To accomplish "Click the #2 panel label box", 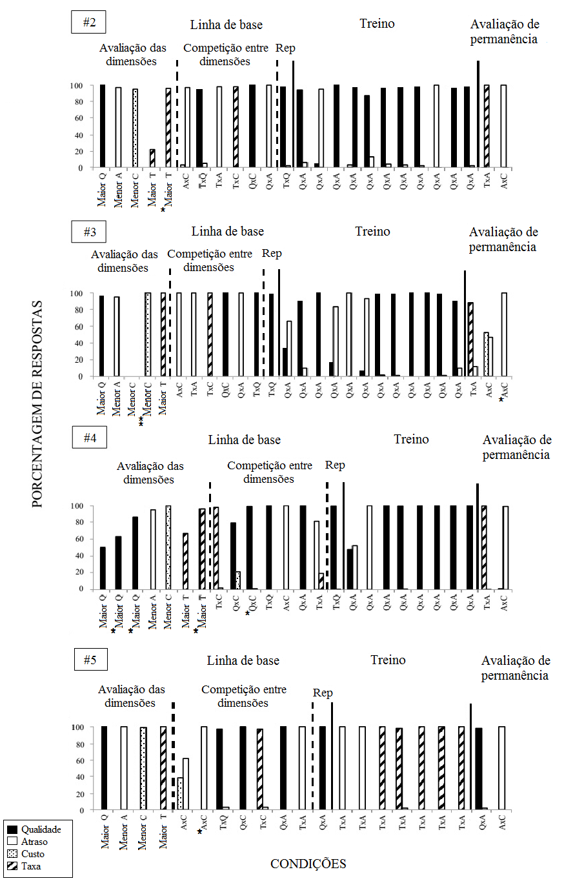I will coord(89,23).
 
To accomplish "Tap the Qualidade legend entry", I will coord(35,829).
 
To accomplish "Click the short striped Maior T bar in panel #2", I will coord(152,159).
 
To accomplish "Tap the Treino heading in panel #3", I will coord(372,232).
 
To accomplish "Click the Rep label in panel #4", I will coord(336,465).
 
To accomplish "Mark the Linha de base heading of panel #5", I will coord(243,661).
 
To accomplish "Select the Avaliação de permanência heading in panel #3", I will coord(503,239).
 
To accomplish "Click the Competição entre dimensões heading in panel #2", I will coord(216,55).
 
